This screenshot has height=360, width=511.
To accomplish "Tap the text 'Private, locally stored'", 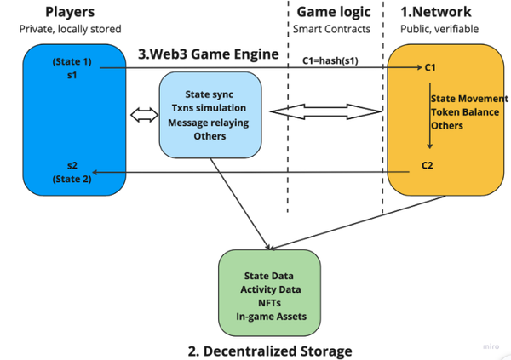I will click(x=73, y=30).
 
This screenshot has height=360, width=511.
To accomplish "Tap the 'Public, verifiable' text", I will click(x=439, y=30).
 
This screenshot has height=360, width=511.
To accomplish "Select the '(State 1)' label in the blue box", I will click(x=72, y=63).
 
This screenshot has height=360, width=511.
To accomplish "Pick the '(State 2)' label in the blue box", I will click(x=72, y=179).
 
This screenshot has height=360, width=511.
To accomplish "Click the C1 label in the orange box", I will click(x=431, y=68).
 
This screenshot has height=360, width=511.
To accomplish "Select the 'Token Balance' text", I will click(x=459, y=111).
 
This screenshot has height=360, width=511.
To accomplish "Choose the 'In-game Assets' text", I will click(x=270, y=318).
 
